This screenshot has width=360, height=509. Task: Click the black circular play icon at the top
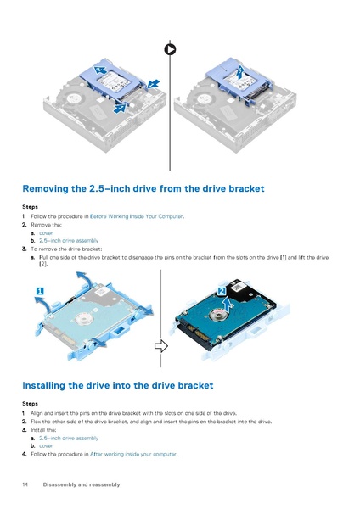(169, 49)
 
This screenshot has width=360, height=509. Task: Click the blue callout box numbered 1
(40, 292)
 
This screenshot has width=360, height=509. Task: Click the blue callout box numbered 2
(222, 292)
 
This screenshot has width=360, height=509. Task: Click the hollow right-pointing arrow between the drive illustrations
(160, 346)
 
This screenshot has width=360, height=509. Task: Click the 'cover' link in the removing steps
(46, 232)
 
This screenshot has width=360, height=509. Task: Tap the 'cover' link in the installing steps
(46, 445)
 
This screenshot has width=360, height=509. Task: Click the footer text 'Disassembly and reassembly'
(82, 484)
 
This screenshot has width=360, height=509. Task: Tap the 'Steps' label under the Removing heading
(30, 206)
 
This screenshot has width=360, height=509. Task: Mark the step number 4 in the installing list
(25, 454)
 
